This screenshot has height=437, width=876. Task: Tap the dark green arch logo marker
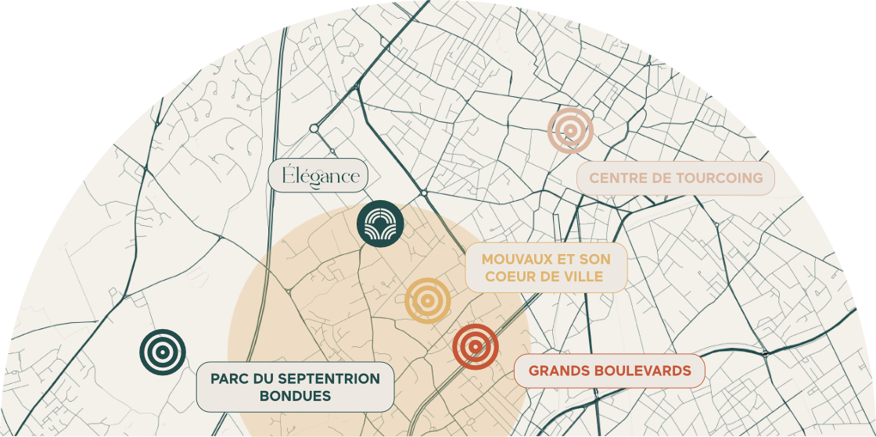pos(380,224)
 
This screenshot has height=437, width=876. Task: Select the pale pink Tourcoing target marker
pos(570,130)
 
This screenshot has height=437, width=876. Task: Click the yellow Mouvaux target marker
pos(427,300)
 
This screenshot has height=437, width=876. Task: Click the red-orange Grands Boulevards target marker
pos(476,346)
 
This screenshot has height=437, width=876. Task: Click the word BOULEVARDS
pos(642,371)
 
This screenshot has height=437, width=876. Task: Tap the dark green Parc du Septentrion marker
pos(163,352)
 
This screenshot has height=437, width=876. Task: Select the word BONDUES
pos(295,396)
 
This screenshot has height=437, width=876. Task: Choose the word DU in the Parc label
pos(264,379)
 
